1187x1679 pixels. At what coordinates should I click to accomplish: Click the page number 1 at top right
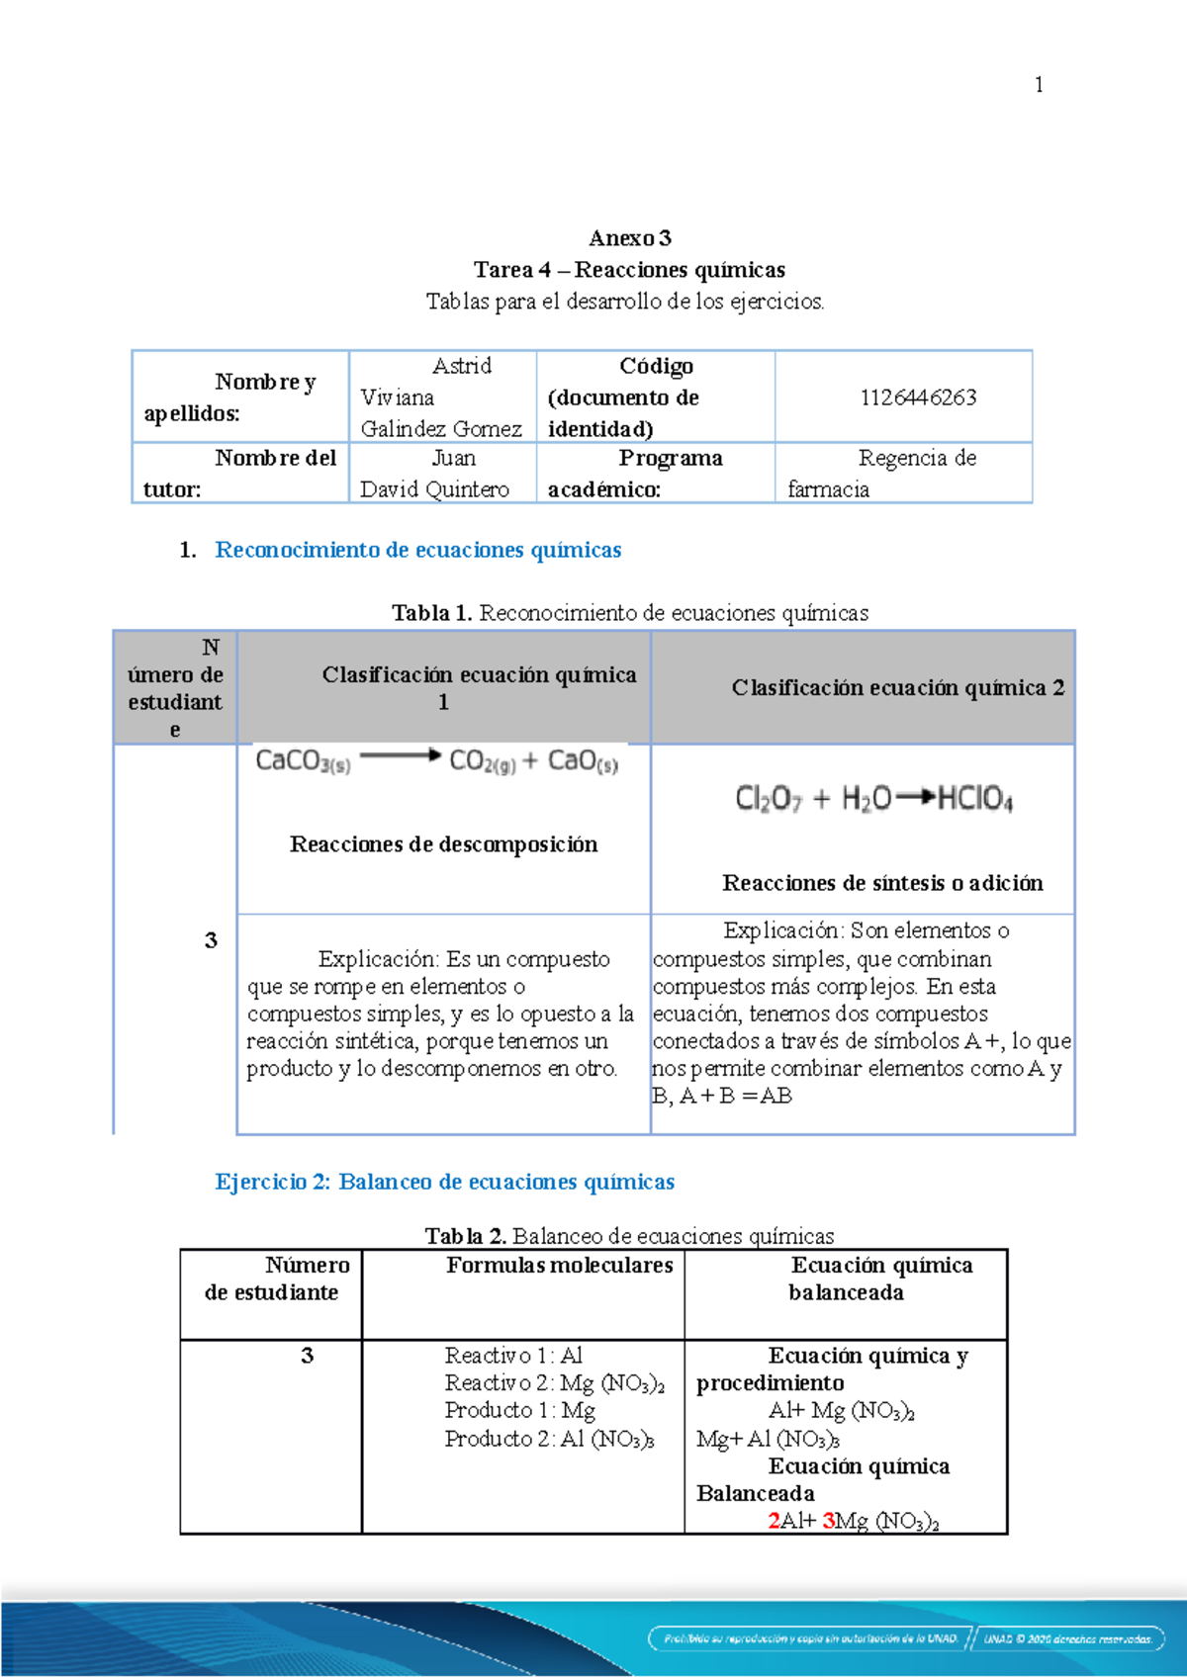pyautogui.click(x=1038, y=85)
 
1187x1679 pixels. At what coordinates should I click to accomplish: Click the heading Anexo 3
pyautogui.click(x=630, y=238)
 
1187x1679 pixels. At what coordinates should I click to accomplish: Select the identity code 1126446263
pyautogui.click(x=918, y=398)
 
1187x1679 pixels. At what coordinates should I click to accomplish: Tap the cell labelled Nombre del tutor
pyautogui.click(x=240, y=474)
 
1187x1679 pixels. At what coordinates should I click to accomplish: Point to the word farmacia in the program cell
pyautogui.click(x=829, y=489)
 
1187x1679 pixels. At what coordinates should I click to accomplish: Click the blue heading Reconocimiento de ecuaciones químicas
pyautogui.click(x=418, y=550)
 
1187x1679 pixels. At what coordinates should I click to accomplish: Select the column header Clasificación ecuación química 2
pyautogui.click(x=897, y=688)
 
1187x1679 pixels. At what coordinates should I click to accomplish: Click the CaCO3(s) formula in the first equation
pyautogui.click(x=303, y=761)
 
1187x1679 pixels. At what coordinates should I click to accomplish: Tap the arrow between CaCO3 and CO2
pyautogui.click(x=400, y=757)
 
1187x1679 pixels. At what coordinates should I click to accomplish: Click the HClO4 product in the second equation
pyautogui.click(x=974, y=799)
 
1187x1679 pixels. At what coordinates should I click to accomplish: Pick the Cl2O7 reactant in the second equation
pyautogui.click(x=768, y=799)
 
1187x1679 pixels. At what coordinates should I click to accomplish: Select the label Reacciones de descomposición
pyautogui.click(x=443, y=844)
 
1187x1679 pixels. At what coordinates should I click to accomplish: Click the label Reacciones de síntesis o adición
pyautogui.click(x=882, y=883)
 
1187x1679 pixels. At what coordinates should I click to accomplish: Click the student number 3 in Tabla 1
pyautogui.click(x=211, y=940)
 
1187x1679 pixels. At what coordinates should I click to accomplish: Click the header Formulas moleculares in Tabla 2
pyautogui.click(x=559, y=1266)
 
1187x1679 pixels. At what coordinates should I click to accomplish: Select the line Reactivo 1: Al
pyautogui.click(x=513, y=1356)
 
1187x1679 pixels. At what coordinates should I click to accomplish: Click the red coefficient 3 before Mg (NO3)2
pyautogui.click(x=828, y=1521)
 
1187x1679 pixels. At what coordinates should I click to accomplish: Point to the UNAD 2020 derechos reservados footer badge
pyautogui.click(x=1067, y=1638)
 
